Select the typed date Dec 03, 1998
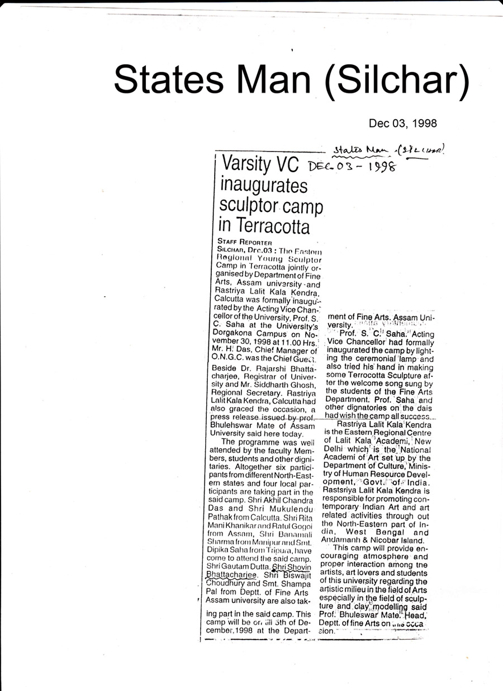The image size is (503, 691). pos(402,123)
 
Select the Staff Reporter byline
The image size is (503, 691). pos(244,243)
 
